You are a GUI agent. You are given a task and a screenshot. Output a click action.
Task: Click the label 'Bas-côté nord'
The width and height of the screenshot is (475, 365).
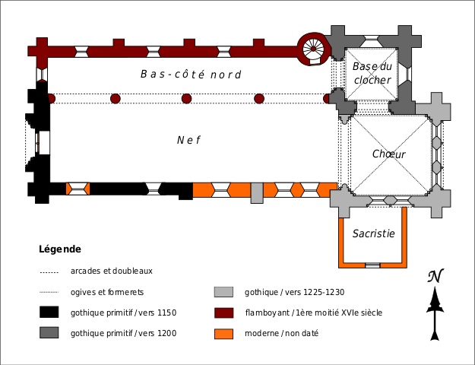click(x=191, y=75)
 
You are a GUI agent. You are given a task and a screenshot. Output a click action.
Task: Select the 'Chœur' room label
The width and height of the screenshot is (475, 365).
click(x=388, y=154)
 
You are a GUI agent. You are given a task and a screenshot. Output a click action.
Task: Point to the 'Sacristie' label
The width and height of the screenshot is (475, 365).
click(x=373, y=233)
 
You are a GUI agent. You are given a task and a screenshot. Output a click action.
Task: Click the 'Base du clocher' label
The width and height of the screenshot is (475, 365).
click(x=372, y=74)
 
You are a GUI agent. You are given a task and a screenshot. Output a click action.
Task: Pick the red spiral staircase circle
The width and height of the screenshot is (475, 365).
click(x=312, y=49)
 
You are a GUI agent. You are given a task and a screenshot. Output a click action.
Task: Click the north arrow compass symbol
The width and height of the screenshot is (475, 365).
click(x=435, y=304)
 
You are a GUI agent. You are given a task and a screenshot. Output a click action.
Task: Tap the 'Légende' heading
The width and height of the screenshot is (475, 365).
click(x=60, y=249)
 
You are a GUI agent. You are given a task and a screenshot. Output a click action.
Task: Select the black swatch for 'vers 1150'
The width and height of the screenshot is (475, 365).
click(x=49, y=312)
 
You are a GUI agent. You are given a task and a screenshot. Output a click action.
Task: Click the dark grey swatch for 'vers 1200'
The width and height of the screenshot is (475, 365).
click(x=49, y=333)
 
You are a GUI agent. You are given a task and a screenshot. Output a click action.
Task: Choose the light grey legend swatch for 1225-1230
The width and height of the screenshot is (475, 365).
click(x=223, y=292)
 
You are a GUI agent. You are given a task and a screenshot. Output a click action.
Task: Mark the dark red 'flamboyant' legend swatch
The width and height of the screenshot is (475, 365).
click(x=223, y=312)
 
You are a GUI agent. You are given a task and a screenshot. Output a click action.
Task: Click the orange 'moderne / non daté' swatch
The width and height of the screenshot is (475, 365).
click(x=223, y=333)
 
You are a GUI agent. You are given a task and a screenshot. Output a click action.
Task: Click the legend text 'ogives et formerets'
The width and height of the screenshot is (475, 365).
click(x=107, y=292)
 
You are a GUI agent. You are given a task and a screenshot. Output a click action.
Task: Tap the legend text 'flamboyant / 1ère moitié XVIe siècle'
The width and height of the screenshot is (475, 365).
click(x=313, y=313)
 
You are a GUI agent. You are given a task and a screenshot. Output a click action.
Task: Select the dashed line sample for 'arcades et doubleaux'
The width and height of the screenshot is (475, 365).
click(x=49, y=271)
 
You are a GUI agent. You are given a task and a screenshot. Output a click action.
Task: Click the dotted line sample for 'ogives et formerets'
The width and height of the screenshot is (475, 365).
click(x=49, y=292)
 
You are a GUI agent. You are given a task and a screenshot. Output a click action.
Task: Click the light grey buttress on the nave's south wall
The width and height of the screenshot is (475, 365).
click(x=257, y=192)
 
